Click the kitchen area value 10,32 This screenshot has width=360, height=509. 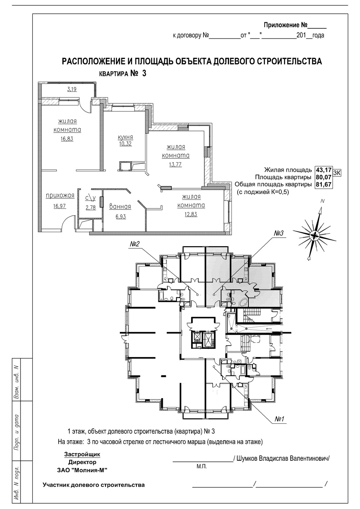coord(125,144)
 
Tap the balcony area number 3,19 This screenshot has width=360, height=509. coord(72,89)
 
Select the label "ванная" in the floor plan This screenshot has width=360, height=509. coord(120,207)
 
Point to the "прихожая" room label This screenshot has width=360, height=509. coord(60,195)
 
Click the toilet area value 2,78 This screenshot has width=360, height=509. coord(90,207)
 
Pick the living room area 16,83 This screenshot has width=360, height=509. coord(67,139)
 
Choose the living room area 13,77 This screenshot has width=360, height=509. coord(175,164)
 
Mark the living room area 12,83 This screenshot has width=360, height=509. coord(191,214)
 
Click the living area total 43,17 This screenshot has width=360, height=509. coord(323,170)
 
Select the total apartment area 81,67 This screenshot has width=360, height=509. coord(323,184)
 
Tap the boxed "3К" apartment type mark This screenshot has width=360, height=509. coord(337,173)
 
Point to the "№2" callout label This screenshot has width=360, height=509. coord(134,244)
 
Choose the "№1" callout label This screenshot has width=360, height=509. coord(280,419)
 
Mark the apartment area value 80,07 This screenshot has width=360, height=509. coord(323,177)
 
